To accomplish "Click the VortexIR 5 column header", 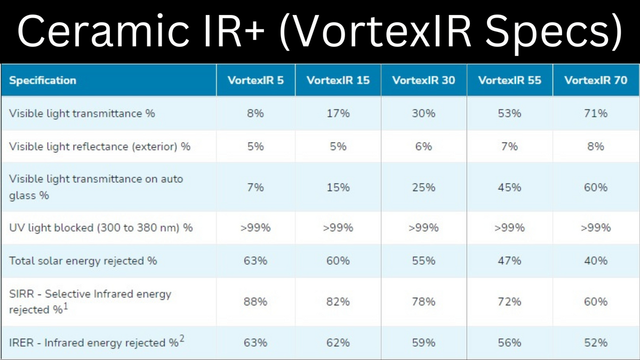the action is coord(255,81).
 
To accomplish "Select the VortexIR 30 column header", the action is coord(423,81).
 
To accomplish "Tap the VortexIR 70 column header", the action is coord(596,81).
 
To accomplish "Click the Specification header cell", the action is coord(43,81).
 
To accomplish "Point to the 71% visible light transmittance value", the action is coord(596,114).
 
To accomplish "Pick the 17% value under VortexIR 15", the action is coord(338,114).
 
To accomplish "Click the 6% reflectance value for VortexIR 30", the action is coord(423,147).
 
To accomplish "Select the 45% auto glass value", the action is coord(510,187).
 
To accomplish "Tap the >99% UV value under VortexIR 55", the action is coord(510,228).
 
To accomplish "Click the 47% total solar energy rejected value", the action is coord(510,261).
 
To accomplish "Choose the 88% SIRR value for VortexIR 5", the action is coord(255,302).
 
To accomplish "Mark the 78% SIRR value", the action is coord(423,302).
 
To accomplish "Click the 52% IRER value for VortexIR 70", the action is coord(596,342).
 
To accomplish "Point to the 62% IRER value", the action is coord(338,342).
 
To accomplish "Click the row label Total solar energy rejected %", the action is coord(83,261).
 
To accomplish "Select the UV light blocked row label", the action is coord(101,228).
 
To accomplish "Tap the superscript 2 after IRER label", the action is coord(182,339).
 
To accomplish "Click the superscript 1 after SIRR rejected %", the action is coord(66,306).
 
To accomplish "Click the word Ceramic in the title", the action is coord(103,31).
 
